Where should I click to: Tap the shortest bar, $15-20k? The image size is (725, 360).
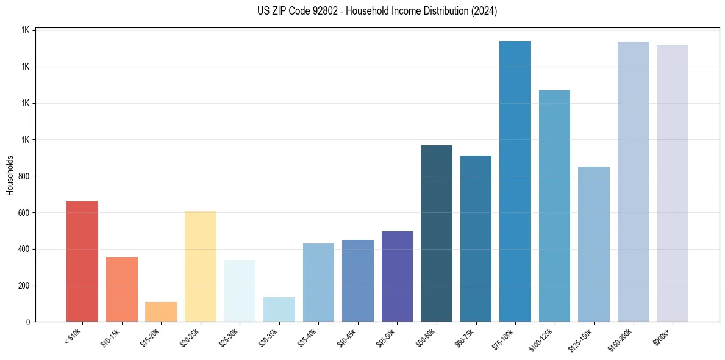pyautogui.click(x=161, y=312)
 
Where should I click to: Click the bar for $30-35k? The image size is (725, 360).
pyautogui.click(x=279, y=309)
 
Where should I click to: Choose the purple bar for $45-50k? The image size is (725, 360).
pyautogui.click(x=397, y=276)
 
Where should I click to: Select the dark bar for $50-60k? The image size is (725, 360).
pyautogui.click(x=437, y=233)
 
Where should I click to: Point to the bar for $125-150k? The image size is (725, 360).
pyautogui.click(x=594, y=244)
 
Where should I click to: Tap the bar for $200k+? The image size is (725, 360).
pyautogui.click(x=673, y=183)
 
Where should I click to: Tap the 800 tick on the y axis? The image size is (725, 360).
pyautogui.click(x=24, y=176)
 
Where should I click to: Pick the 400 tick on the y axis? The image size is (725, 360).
pyautogui.click(x=24, y=249)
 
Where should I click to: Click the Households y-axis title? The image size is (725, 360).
pyautogui.click(x=10, y=175)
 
